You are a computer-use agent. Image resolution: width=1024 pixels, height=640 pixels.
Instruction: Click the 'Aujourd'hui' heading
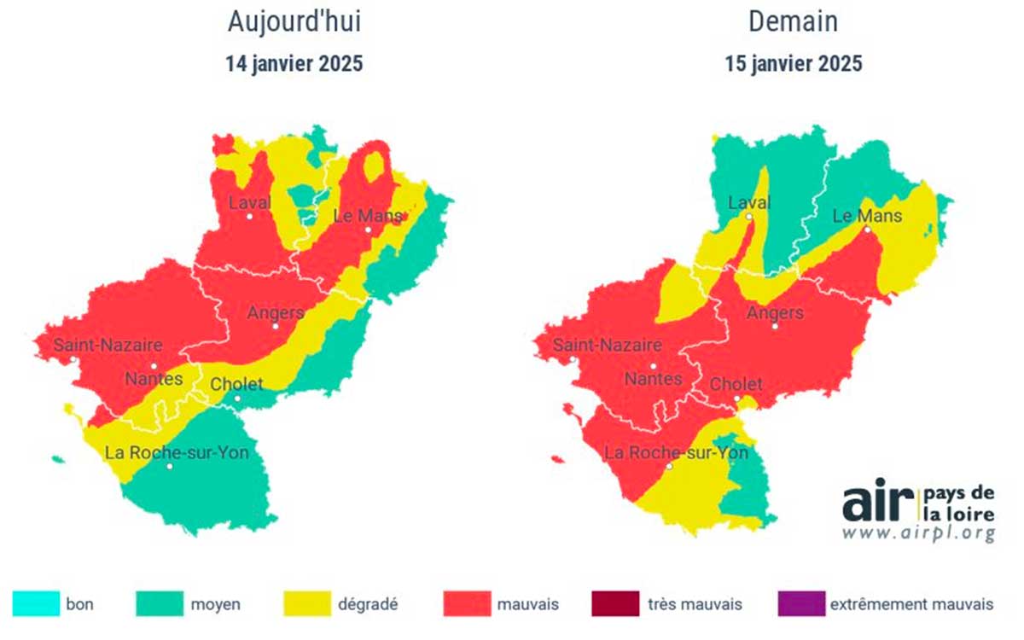(x=294, y=23)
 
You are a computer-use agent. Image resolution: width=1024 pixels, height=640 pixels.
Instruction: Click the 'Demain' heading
(x=794, y=23)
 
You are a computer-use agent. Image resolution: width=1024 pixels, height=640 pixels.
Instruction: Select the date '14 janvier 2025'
(x=294, y=64)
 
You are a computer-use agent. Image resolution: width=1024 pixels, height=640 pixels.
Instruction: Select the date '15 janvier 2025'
(x=794, y=64)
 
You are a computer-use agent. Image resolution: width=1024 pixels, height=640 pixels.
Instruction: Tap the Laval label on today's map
(x=249, y=203)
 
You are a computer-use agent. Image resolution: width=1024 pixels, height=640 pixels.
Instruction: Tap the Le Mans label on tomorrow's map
(x=867, y=216)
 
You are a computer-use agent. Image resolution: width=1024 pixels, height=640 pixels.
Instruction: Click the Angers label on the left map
(x=275, y=312)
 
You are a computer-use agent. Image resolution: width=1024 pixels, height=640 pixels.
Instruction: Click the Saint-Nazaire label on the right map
(x=608, y=346)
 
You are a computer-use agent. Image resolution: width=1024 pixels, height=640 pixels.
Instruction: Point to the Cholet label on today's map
(x=236, y=384)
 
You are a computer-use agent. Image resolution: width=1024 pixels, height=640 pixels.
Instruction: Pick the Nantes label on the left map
(x=154, y=378)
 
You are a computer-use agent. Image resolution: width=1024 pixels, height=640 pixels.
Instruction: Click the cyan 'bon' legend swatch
(x=36, y=604)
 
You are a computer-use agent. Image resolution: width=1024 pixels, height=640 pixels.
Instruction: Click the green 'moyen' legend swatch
(x=159, y=604)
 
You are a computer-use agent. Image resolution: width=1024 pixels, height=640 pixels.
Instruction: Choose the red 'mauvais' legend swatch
(x=467, y=604)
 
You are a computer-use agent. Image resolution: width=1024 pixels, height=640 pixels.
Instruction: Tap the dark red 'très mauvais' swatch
(x=614, y=604)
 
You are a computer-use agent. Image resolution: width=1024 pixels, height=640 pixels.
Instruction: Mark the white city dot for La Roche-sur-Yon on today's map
(x=171, y=467)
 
